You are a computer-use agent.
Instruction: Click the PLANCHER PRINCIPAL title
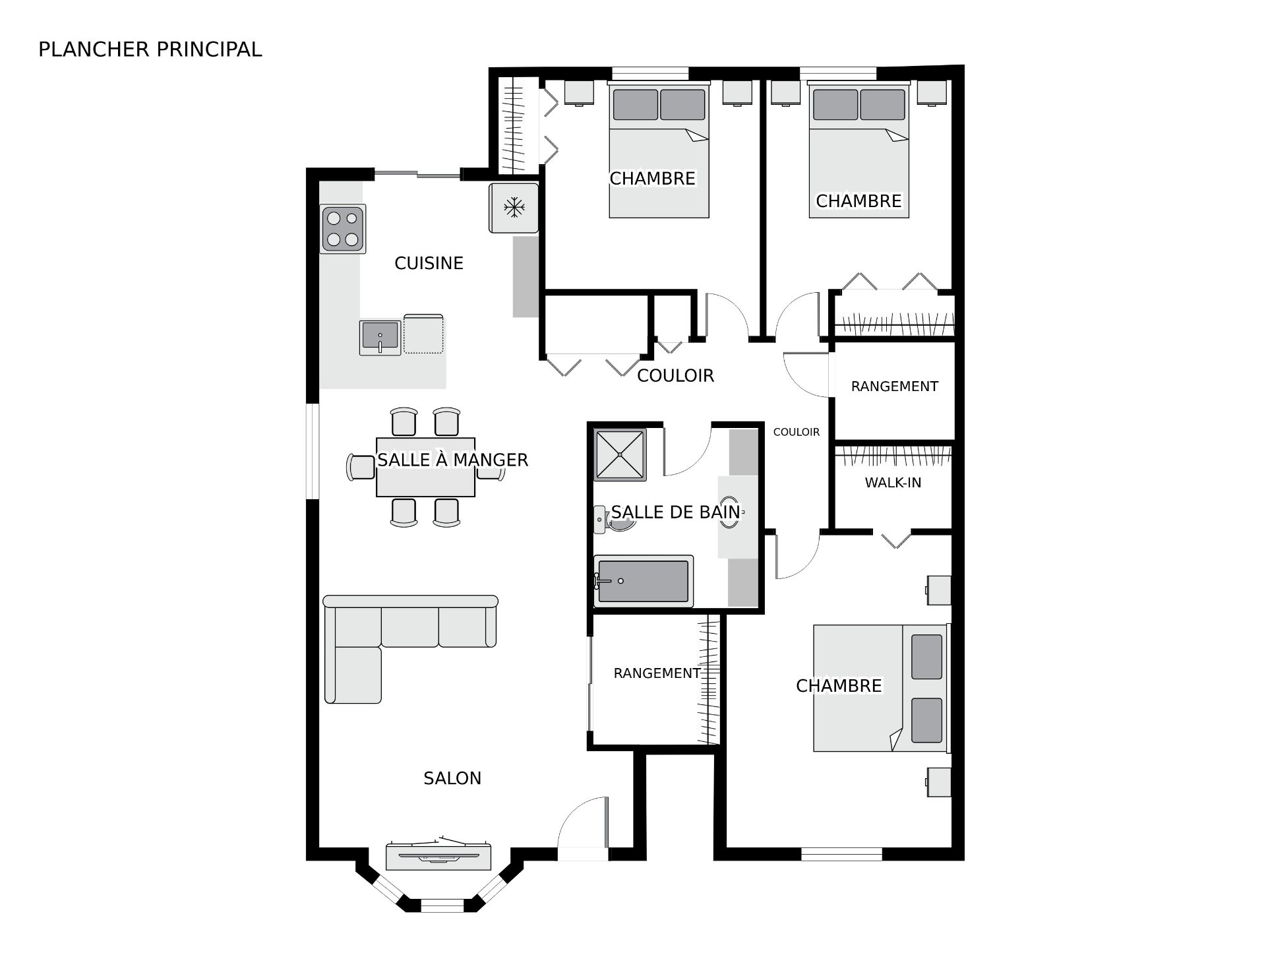pos(150,49)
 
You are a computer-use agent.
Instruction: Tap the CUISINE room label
pos(429,263)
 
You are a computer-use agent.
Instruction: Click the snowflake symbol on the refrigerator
pos(514,208)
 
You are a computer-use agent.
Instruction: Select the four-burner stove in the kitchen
pos(343,229)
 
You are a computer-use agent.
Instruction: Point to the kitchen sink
pos(380,336)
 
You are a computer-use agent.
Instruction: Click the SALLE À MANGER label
pos(452,460)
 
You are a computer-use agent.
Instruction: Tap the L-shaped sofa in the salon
pos(410,648)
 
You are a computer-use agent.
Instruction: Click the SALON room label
pos(452,778)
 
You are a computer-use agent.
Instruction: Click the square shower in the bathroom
pos(620,454)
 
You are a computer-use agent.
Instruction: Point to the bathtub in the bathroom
pos(644,580)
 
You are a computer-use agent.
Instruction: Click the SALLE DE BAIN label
pos(676,512)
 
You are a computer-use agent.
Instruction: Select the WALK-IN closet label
pos(893,483)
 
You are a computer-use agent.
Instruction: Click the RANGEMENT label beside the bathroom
pos(657,673)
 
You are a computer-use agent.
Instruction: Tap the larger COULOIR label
pos(675,375)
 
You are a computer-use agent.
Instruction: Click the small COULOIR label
pos(797,432)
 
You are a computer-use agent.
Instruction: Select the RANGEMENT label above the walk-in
pos(894,386)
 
